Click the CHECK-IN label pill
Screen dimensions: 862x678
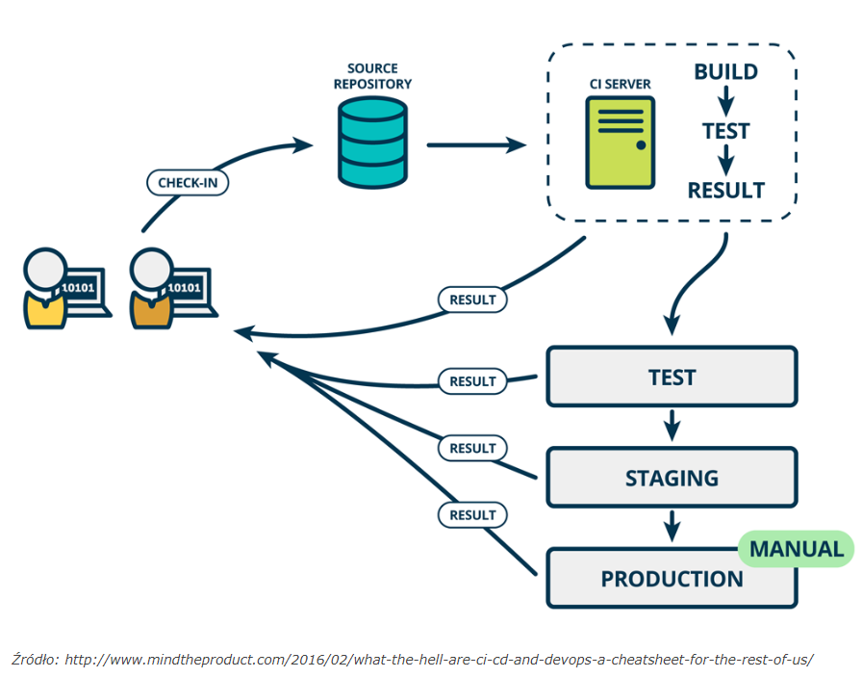click(x=188, y=183)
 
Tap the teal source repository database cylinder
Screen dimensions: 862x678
click(x=372, y=143)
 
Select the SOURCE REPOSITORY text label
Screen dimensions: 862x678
click(x=372, y=76)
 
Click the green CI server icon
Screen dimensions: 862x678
click(x=621, y=143)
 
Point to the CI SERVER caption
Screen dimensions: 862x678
click(x=621, y=84)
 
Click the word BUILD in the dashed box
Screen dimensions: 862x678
click(x=725, y=71)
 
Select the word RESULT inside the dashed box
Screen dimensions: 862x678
click(x=725, y=191)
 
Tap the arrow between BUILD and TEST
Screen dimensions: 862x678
click(x=725, y=101)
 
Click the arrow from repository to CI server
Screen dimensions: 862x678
click(x=476, y=145)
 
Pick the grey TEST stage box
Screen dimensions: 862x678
click(x=672, y=377)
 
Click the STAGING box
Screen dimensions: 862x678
click(x=672, y=478)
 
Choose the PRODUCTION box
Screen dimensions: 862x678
click(x=672, y=578)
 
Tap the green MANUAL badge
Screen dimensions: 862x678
click(x=796, y=549)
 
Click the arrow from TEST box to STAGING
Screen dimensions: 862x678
click(x=672, y=426)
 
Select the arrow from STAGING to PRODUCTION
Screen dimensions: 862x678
click(x=672, y=526)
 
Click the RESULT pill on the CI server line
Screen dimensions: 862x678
click(x=472, y=300)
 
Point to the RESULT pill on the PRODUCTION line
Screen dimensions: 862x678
click(x=472, y=515)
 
